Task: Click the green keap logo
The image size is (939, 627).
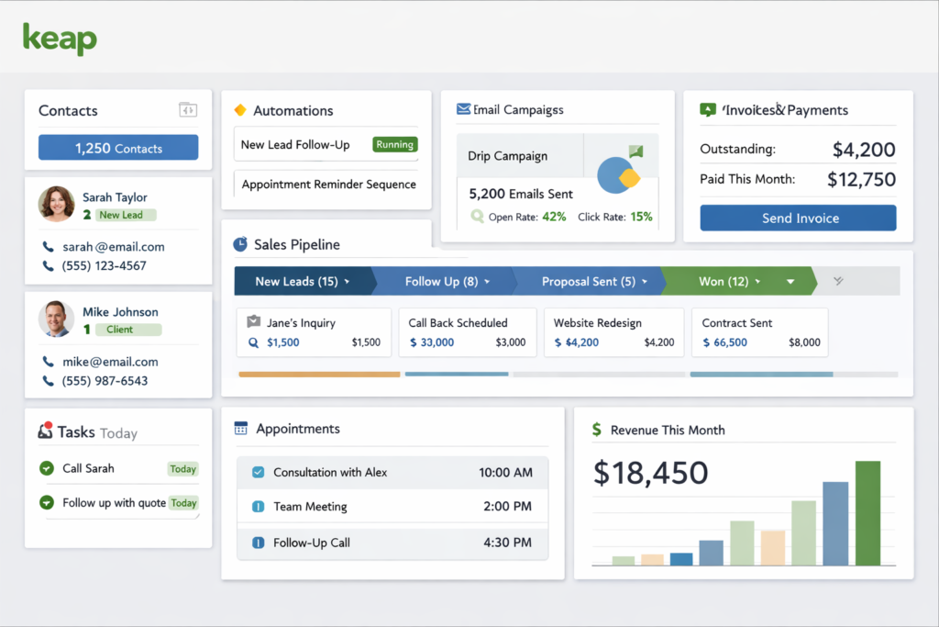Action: coord(60,39)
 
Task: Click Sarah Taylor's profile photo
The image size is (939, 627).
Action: coord(56,204)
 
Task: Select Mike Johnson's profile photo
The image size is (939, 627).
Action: coord(56,319)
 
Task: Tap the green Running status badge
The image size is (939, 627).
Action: coord(394,145)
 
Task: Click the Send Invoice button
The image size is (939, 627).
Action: coord(798,218)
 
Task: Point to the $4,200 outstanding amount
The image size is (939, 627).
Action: coord(863,150)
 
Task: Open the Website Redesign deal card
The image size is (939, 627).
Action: coord(613,332)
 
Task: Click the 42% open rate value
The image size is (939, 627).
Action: coord(554,218)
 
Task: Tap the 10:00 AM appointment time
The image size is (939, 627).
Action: coord(505,473)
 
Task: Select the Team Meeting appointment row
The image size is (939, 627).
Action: coord(392,507)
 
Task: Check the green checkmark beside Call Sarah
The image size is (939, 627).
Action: coord(47,468)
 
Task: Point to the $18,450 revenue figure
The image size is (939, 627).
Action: coord(650,473)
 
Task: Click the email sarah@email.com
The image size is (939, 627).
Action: coord(114,247)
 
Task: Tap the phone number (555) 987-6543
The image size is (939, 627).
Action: coord(105,381)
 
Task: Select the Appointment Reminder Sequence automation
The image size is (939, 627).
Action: coord(328,185)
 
